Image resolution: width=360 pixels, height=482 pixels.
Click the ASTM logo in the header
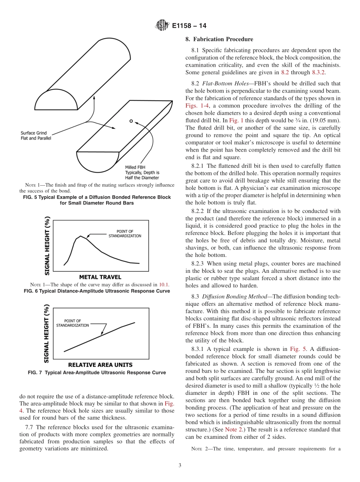pos(162,26)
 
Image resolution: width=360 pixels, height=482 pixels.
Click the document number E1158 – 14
pos(189,26)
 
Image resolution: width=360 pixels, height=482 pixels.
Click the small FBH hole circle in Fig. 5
pos(131,121)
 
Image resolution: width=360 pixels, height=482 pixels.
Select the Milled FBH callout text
pos(142,172)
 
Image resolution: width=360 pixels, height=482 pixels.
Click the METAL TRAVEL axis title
pos(100,277)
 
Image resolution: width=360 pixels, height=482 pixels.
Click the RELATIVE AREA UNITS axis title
pos(100,365)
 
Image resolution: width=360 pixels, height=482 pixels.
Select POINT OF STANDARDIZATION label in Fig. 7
pos(73,323)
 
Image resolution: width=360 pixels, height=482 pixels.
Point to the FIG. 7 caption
pos(97,372)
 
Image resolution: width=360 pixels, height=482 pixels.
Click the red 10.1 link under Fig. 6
pos(164,285)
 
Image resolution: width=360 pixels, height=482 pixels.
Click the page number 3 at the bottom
pos(180,465)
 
